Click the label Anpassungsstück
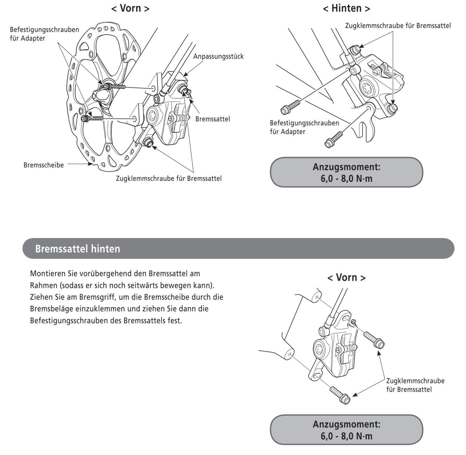point(218,56)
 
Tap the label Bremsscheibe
point(43,165)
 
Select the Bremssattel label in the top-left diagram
point(213,119)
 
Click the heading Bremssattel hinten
point(77,249)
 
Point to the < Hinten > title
point(346,8)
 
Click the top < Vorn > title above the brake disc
point(130,8)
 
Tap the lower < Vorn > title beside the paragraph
point(346,277)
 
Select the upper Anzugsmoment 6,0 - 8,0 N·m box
point(346,172)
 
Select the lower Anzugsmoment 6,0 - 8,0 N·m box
point(346,430)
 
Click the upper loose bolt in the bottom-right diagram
point(374,340)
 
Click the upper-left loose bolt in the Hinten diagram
point(290,107)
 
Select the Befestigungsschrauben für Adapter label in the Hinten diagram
point(304,127)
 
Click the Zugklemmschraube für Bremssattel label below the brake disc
point(169,178)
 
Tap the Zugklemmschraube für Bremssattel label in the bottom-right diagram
point(415,385)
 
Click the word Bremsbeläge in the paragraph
point(51,309)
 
